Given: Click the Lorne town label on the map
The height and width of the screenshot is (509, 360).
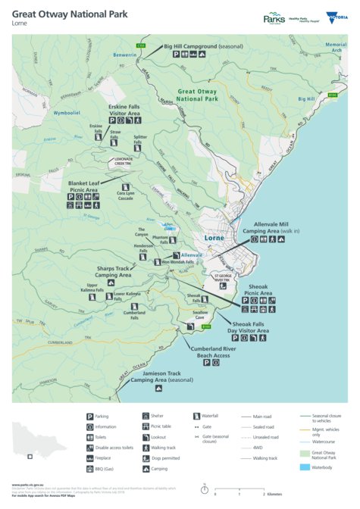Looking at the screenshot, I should click(215, 239).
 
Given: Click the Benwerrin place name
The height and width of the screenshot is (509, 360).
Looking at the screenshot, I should click(104, 55).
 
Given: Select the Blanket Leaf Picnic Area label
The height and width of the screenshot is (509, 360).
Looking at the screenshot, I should click(85, 186).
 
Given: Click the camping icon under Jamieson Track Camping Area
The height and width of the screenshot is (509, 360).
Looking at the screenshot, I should click(158, 389).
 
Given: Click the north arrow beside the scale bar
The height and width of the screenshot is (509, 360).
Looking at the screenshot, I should click(205, 489).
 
